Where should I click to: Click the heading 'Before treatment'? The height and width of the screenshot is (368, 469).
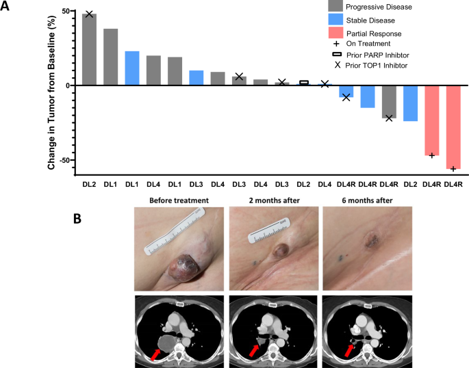click(x=171, y=200)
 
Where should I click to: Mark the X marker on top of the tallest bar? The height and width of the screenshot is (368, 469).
click(x=89, y=14)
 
